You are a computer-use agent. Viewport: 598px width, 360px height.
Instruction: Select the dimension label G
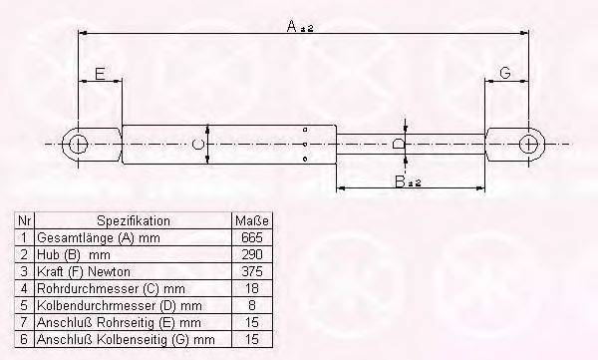point(505,73)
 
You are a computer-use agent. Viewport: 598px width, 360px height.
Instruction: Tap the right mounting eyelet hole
point(529,145)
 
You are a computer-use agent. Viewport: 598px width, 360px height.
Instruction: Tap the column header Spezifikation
point(134,220)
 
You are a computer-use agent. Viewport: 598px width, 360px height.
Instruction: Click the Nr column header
point(25,220)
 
